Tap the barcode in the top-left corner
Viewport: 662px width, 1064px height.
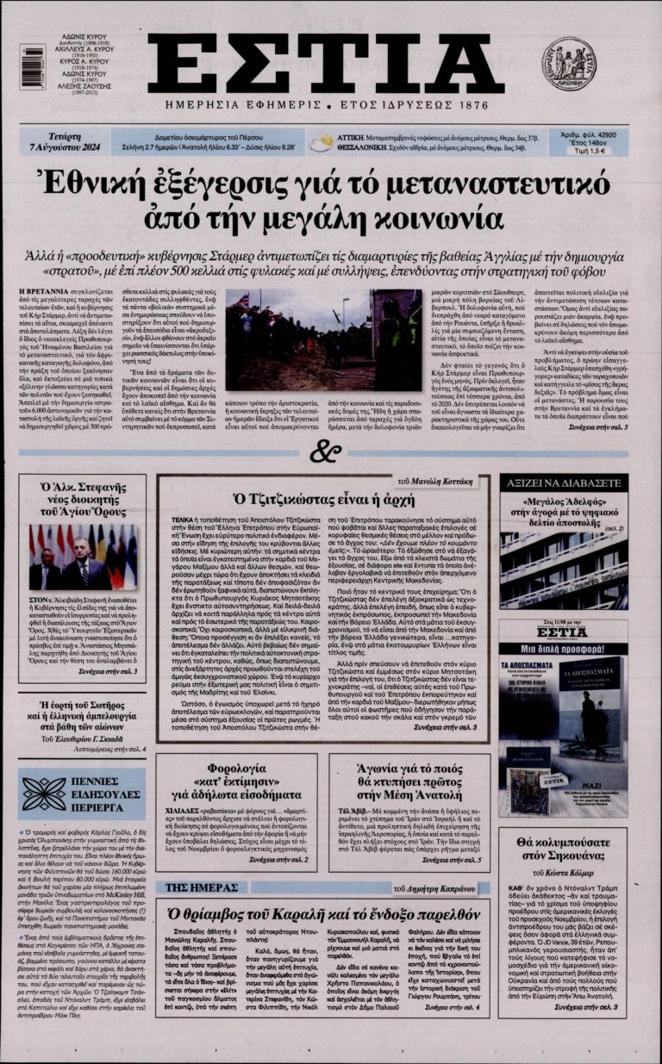(33, 67)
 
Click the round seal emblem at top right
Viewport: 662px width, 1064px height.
(569, 62)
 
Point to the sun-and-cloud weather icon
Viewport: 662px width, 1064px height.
(322, 142)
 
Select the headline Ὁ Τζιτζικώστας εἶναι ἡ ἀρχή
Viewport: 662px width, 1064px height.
(322, 499)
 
